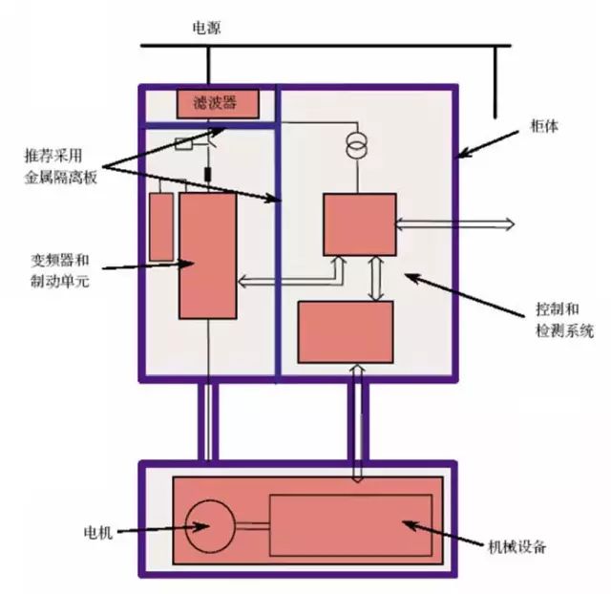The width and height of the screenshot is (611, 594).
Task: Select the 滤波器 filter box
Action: point(219,102)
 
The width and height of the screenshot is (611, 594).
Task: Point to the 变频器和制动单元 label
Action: point(60,269)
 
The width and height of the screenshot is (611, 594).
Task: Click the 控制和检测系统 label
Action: point(563,322)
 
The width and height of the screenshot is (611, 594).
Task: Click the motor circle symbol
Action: point(209,525)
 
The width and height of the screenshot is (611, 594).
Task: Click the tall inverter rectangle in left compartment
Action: point(207,255)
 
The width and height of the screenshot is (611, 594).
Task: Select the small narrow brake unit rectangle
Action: point(161,226)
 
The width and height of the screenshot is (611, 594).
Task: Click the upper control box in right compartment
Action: point(359,224)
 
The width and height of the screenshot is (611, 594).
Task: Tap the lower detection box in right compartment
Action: point(346,331)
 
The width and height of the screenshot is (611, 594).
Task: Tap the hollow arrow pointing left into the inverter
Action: point(286,280)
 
